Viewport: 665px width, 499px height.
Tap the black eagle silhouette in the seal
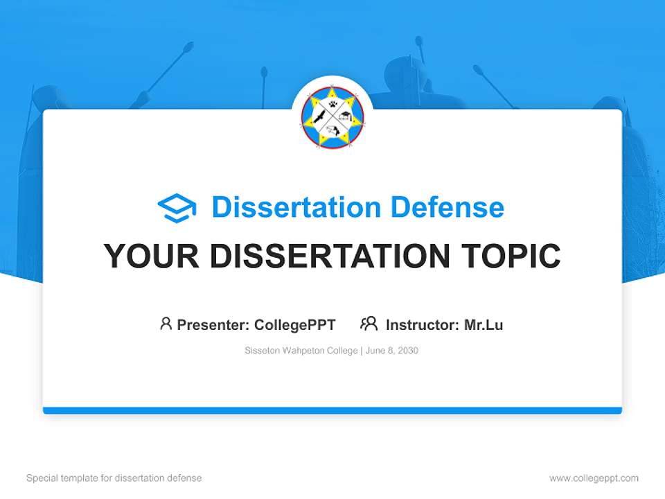pos(319,117)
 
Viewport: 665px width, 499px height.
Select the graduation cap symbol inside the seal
pos(347,118)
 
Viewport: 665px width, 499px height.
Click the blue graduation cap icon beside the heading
pos(177,208)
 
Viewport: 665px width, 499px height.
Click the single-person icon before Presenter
pos(166,324)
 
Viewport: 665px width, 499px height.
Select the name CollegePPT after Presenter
pos(295,324)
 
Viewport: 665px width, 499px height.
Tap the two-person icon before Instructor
pos(369,324)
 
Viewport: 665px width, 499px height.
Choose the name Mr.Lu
pos(484,324)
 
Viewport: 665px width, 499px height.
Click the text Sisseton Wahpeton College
pos(300,351)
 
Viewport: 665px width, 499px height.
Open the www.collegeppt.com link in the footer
pos(594,478)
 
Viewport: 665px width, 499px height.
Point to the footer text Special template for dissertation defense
pos(114,478)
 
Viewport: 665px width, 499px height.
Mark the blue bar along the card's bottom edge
pos(332,410)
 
